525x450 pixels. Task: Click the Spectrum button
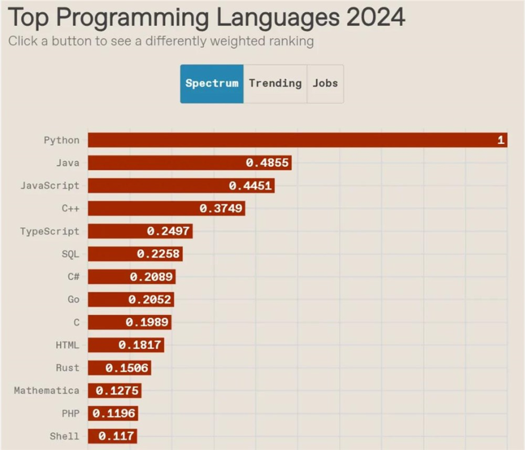click(x=212, y=84)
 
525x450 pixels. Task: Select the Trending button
click(x=275, y=84)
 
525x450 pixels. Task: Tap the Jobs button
click(x=326, y=84)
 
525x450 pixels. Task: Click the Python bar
click(x=297, y=140)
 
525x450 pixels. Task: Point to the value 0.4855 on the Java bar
click(x=267, y=163)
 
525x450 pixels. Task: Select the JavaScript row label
click(x=50, y=185)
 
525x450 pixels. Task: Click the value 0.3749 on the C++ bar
click(x=221, y=209)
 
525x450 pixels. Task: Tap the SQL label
click(x=70, y=254)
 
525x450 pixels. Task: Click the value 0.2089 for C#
click(x=151, y=277)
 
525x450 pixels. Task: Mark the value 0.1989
click(x=148, y=323)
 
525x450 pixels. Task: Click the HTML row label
click(x=67, y=345)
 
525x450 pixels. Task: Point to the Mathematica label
click(x=47, y=390)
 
